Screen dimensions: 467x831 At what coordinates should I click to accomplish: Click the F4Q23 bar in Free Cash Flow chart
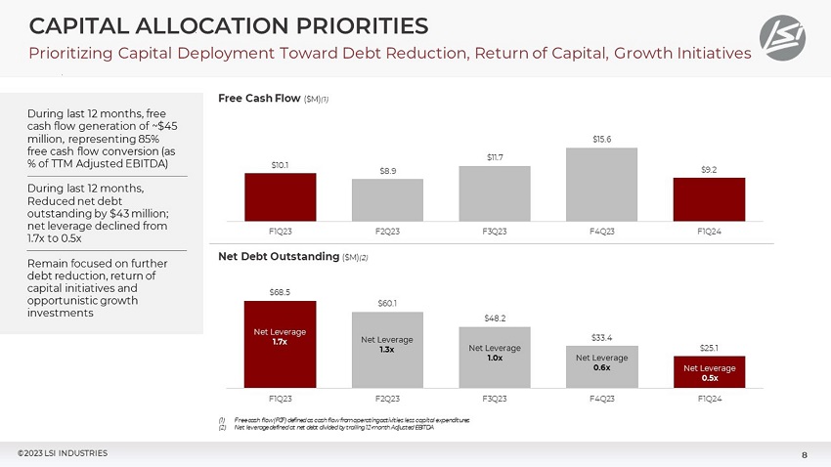(x=602, y=185)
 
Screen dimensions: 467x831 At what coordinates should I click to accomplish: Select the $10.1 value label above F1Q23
(x=280, y=165)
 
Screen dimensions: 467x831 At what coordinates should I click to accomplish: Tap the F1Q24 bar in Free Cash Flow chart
(x=709, y=199)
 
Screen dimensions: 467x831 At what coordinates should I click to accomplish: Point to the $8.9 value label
(x=387, y=171)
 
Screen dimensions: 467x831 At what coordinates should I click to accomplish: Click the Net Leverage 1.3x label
(x=387, y=344)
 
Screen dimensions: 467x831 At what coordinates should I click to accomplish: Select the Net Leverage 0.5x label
(x=709, y=372)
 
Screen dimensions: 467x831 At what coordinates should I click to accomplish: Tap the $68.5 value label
(x=280, y=291)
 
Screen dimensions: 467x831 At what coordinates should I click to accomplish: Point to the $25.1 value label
(x=709, y=347)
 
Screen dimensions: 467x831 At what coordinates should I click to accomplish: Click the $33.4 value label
(x=602, y=337)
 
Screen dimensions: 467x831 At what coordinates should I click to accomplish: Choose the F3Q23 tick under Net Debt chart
(x=495, y=399)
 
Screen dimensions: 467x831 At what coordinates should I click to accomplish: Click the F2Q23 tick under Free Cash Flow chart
(x=387, y=233)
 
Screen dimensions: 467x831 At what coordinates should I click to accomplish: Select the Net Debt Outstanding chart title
(x=284, y=256)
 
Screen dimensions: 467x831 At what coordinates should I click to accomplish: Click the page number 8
(x=804, y=453)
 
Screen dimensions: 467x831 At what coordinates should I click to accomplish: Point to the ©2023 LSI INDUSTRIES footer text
(x=63, y=452)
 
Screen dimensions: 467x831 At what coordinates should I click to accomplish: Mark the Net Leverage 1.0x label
(x=495, y=353)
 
